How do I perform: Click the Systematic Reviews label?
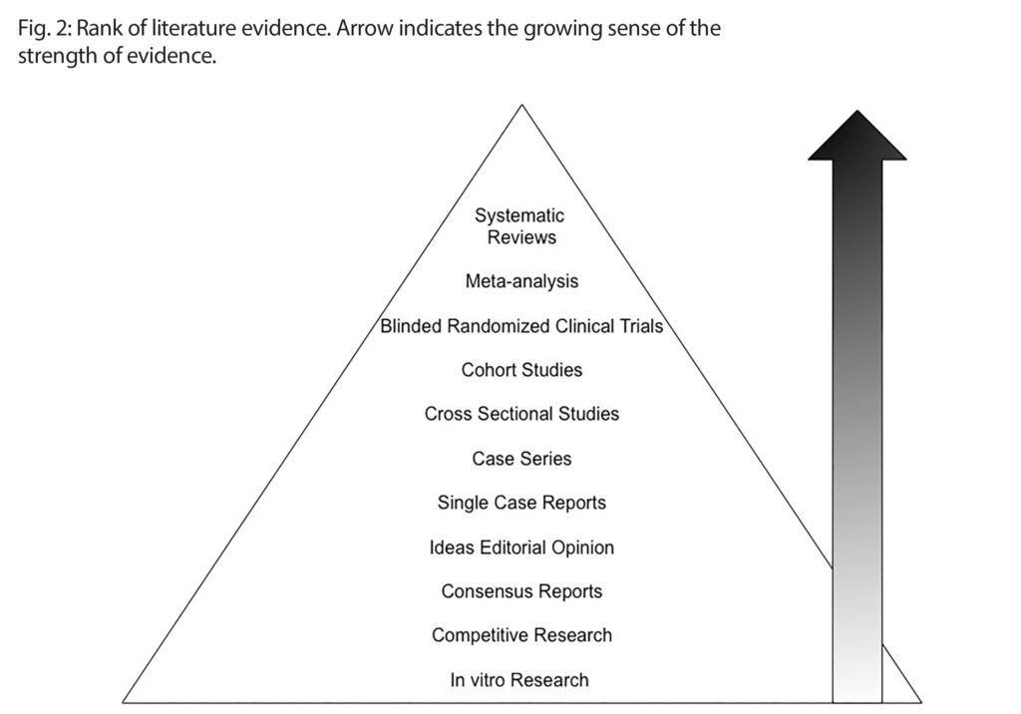click(x=520, y=226)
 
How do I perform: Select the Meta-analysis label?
click(x=521, y=281)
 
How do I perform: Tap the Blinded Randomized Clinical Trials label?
click(x=521, y=326)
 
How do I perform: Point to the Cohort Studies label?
click(x=521, y=370)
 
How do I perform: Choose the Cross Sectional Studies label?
click(x=521, y=414)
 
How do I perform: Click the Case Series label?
click(x=521, y=459)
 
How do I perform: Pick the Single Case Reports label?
click(x=521, y=503)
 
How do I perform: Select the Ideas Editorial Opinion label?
click(x=521, y=547)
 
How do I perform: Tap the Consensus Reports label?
click(x=521, y=591)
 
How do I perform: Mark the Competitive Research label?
click(x=521, y=635)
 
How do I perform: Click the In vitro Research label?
click(x=519, y=680)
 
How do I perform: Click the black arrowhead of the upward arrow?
click(x=856, y=140)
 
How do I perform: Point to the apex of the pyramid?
click(x=520, y=107)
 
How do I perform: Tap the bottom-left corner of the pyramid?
click(x=125, y=700)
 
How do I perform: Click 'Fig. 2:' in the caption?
click(x=43, y=27)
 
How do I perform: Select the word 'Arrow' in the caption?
click(x=362, y=27)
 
